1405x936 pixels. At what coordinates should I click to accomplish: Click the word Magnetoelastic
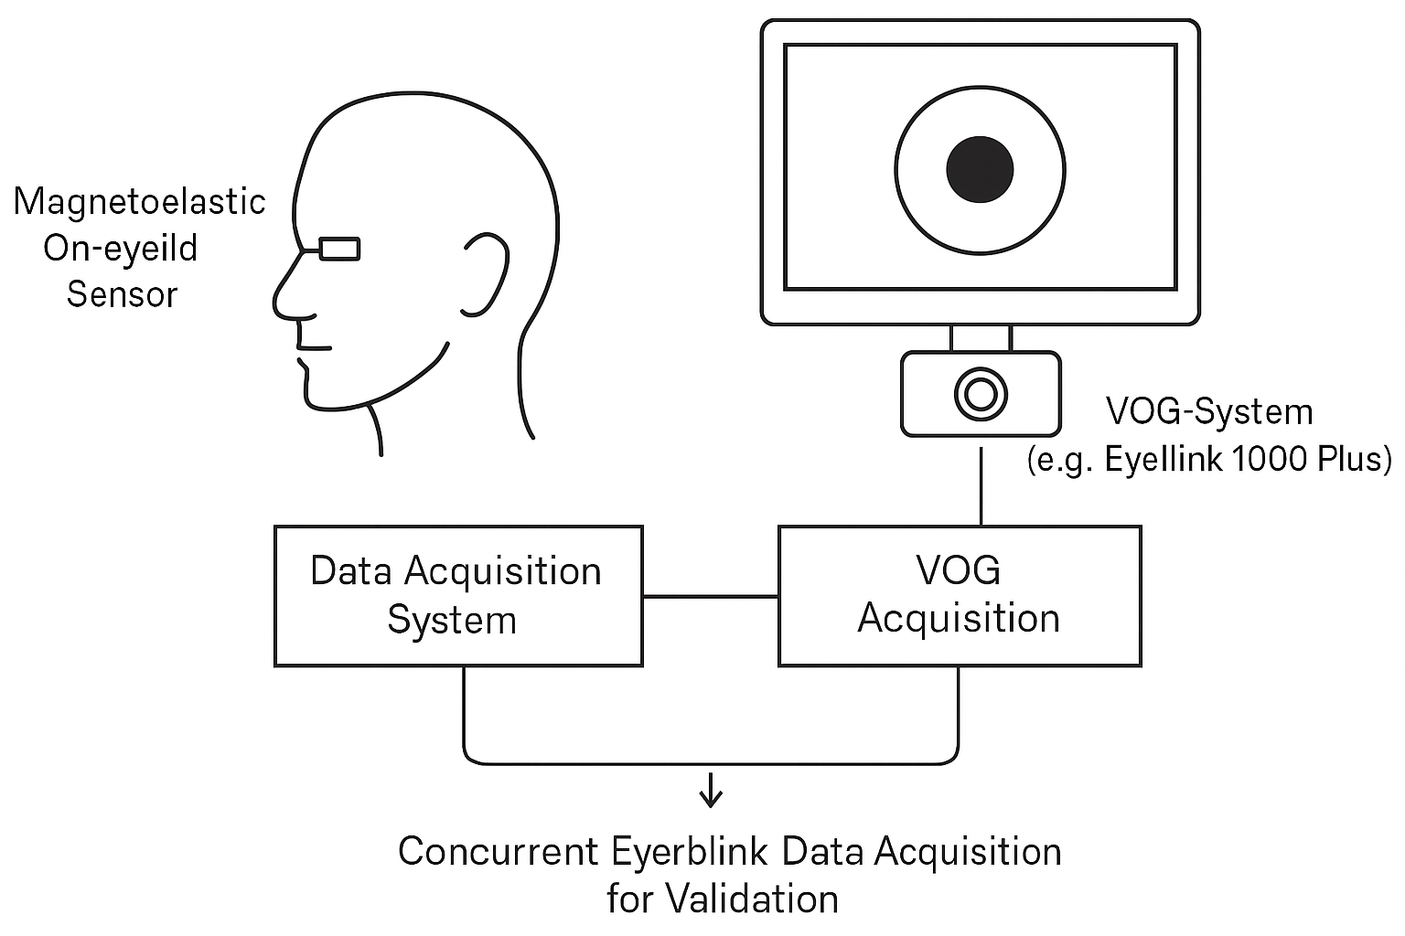point(139,202)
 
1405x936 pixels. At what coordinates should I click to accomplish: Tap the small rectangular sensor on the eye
point(338,249)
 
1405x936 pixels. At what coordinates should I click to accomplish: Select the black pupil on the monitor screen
point(980,169)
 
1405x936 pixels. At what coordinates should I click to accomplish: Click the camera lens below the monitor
point(981,394)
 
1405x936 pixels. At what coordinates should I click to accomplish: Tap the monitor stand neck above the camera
point(981,337)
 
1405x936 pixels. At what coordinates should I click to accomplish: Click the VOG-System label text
point(1209,412)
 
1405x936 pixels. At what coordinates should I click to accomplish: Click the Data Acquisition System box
point(458,595)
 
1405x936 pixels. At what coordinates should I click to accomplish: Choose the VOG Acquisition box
point(959,595)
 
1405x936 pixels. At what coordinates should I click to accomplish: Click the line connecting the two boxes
point(711,597)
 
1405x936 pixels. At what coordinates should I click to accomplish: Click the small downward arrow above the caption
point(711,792)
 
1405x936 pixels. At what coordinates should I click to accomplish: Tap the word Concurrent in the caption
point(498,852)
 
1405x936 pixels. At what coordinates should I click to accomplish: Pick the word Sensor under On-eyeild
point(122,294)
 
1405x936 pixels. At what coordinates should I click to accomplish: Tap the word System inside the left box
point(452,621)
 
